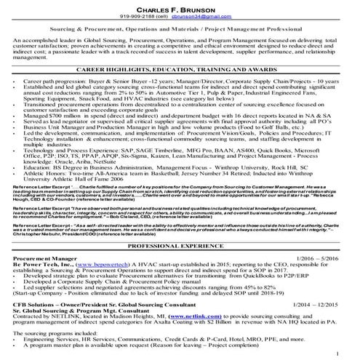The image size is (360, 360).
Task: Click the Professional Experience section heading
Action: (x=180, y=247)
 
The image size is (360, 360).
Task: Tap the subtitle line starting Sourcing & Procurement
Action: (x=180, y=33)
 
